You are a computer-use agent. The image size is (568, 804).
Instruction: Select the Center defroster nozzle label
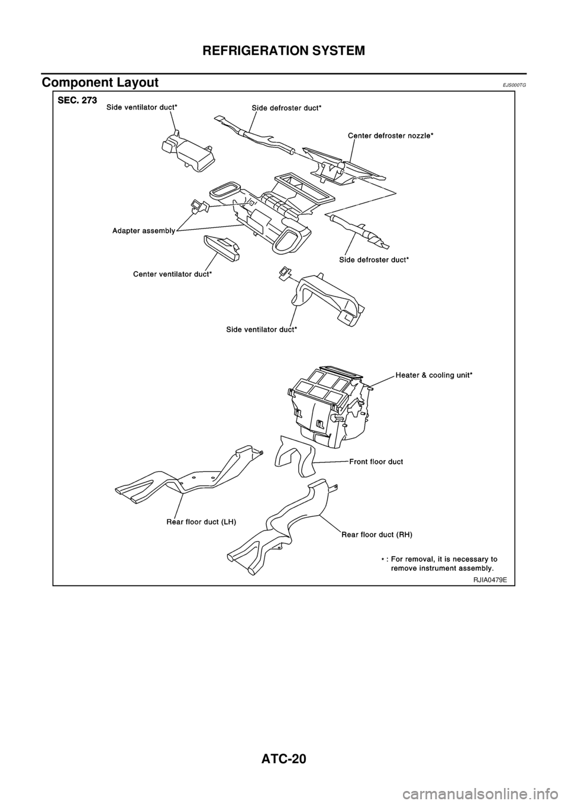390,136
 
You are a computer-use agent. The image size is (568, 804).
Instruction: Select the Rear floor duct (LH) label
202,522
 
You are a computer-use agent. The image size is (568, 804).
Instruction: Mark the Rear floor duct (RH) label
377,533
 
